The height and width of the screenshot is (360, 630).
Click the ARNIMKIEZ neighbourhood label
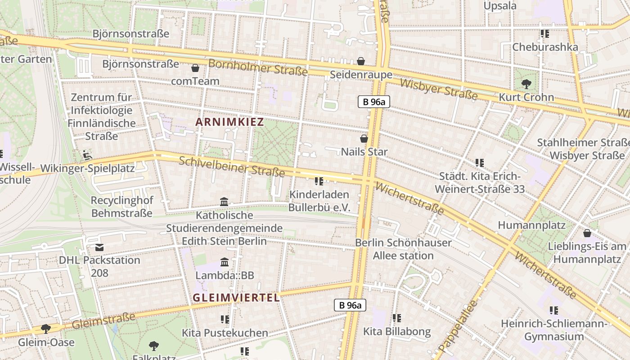[x=229, y=122]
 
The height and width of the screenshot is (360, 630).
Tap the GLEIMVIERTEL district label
[x=236, y=297]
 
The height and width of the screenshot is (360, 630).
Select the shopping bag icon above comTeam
[x=195, y=68]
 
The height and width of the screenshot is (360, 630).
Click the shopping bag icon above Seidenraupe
[x=361, y=61]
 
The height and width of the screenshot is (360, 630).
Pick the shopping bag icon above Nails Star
[x=364, y=139]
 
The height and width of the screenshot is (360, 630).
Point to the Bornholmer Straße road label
[x=258, y=67]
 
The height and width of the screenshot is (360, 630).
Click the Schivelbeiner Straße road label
[x=232, y=166]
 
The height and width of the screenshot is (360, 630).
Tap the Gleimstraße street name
[x=103, y=321]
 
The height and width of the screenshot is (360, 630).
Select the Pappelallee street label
[x=457, y=326]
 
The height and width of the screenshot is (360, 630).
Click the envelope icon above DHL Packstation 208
[x=99, y=247]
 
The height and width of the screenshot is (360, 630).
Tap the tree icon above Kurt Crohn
[x=526, y=84]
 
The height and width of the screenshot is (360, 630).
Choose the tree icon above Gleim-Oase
[x=46, y=329]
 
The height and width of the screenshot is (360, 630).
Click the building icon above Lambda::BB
[x=225, y=262]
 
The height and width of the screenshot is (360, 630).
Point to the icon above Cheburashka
[x=545, y=34]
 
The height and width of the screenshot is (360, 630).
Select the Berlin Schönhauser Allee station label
[x=403, y=249]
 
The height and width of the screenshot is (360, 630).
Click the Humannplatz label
[x=531, y=225]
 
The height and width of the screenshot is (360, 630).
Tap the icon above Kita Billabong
[x=397, y=318]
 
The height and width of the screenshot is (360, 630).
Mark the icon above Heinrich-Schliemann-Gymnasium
[x=554, y=310]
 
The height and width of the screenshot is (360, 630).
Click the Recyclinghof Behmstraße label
[x=122, y=207]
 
